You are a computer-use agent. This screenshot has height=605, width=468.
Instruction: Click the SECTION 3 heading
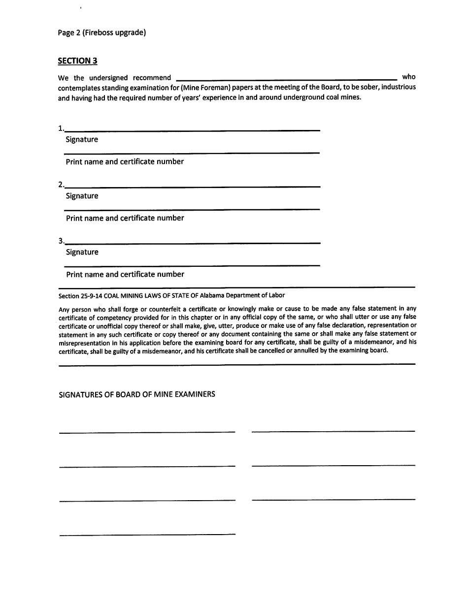pyautogui.click(x=77, y=61)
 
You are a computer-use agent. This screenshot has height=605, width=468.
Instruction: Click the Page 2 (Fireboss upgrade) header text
pyautogui.click(x=101, y=33)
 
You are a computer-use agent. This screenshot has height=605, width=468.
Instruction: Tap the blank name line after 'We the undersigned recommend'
pyautogui.click(x=286, y=79)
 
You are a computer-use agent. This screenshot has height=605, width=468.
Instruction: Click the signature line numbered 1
pyautogui.click(x=192, y=130)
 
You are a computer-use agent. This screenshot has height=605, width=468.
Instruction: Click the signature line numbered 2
pyautogui.click(x=192, y=186)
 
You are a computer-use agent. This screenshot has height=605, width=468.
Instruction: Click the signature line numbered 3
pyautogui.click(x=192, y=243)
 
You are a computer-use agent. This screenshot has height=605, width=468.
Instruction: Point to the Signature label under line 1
pyautogui.click(x=82, y=140)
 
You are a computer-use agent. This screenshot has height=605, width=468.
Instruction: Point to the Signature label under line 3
pyautogui.click(x=82, y=253)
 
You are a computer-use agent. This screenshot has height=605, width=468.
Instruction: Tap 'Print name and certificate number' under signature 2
pyautogui.click(x=125, y=218)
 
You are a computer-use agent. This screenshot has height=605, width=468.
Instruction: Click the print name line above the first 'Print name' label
pyautogui.click(x=192, y=153)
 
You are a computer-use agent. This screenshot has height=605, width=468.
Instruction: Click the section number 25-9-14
pyautogui.click(x=91, y=296)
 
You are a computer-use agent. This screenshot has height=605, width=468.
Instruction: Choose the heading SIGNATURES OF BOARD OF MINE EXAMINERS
pyautogui.click(x=137, y=394)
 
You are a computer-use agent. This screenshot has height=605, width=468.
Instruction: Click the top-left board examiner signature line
pyautogui.click(x=147, y=432)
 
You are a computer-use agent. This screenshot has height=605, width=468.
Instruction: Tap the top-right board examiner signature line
pyautogui.click(x=333, y=431)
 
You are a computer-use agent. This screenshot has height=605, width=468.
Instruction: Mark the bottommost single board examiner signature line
pyautogui.click(x=147, y=534)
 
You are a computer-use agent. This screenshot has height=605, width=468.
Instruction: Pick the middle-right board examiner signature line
pyautogui.click(x=333, y=465)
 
